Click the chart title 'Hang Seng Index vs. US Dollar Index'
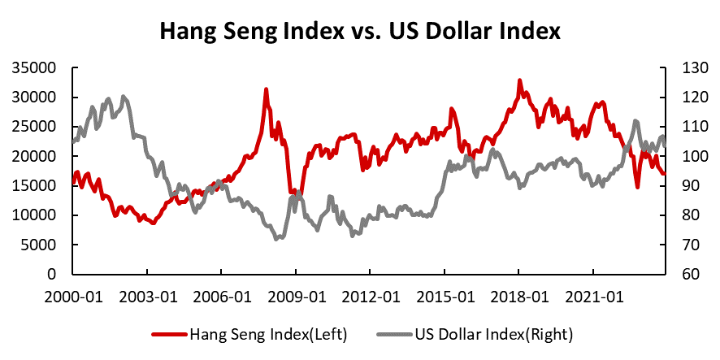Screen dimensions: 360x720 [360, 32]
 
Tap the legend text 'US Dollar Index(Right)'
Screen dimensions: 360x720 [485, 334]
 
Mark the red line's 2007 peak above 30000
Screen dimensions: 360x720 [266, 89]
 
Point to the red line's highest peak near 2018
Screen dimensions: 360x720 [519, 80]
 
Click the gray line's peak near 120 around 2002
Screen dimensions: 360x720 [123, 97]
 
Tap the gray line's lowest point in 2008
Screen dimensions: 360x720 [277, 239]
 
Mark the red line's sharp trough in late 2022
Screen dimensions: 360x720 [638, 187]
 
